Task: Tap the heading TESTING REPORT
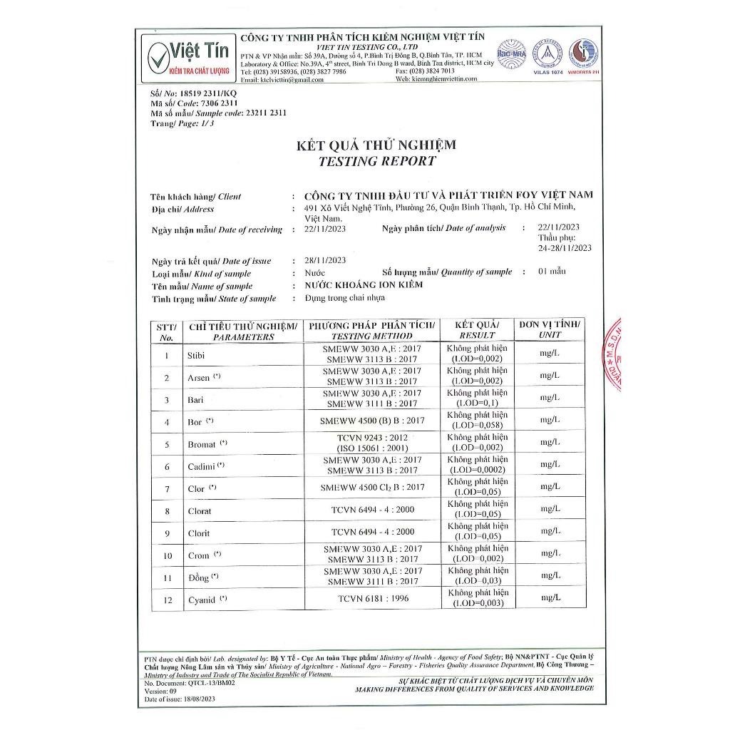click(x=376, y=161)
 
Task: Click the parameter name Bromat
click(x=201, y=444)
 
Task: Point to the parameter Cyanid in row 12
click(x=201, y=600)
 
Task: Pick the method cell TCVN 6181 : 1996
click(x=373, y=599)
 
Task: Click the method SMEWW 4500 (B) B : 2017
click(x=373, y=421)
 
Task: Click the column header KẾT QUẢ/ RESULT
click(x=477, y=329)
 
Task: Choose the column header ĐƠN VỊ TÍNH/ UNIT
click(x=550, y=329)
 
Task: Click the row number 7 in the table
click(x=167, y=490)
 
